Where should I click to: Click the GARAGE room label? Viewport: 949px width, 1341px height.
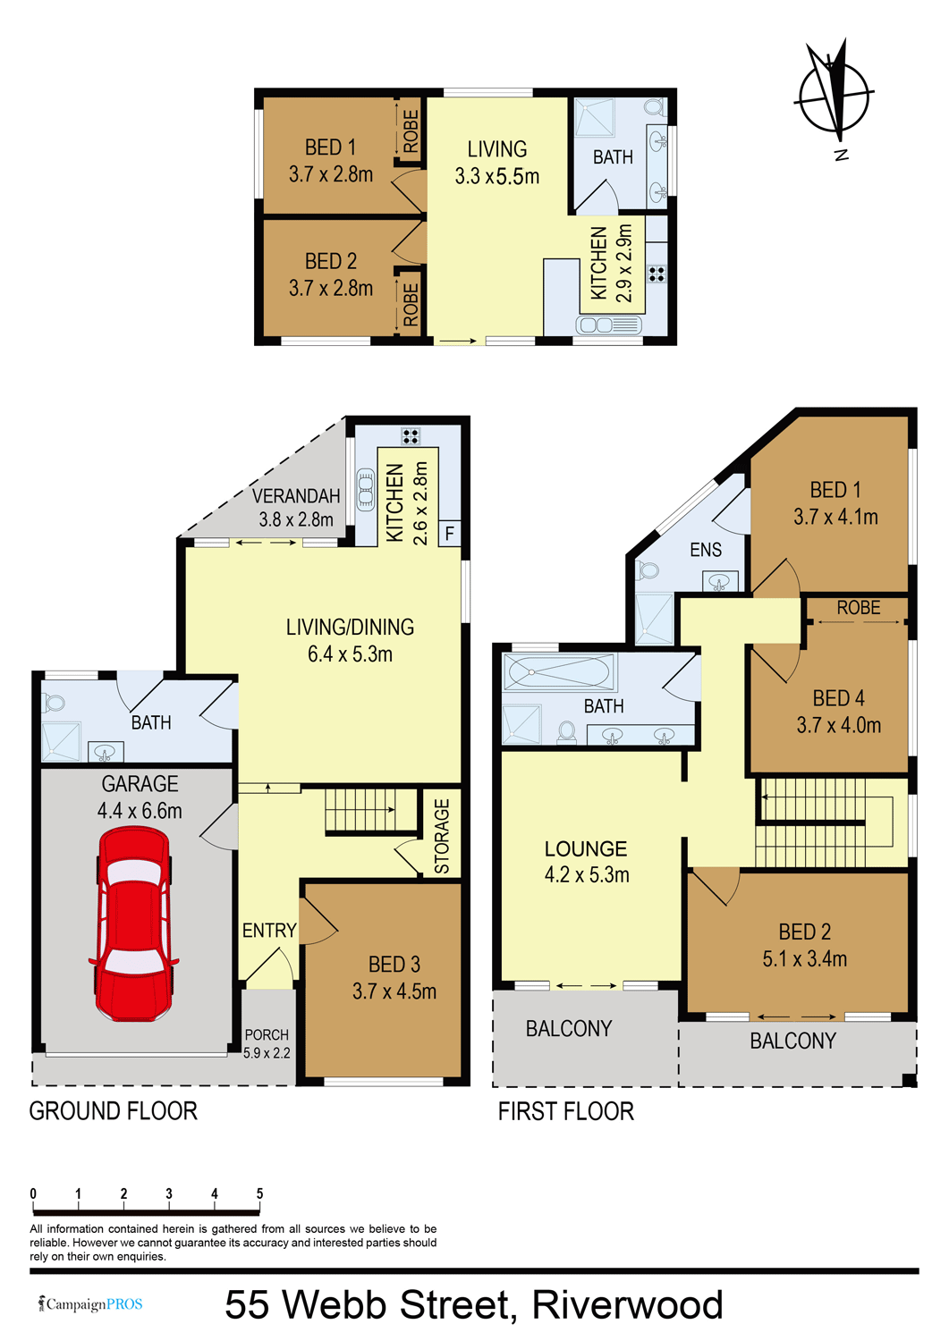pos(140,784)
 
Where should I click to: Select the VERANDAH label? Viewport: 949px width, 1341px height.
pos(296,495)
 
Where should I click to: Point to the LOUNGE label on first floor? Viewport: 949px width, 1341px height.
pos(585,848)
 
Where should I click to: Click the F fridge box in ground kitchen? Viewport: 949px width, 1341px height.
pos(449,534)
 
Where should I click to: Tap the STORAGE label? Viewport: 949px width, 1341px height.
pos(442,836)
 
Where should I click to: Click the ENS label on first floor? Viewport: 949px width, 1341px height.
pos(706,550)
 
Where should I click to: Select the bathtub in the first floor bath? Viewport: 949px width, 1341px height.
pos(559,671)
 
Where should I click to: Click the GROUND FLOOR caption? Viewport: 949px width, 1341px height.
pos(114,1111)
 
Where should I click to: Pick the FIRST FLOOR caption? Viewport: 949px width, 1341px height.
pos(566,1111)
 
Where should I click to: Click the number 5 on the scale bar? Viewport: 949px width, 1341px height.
pos(259,1193)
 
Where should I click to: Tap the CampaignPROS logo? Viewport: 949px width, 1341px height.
pos(89,1303)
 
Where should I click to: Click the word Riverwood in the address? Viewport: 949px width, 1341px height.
pos(628,1304)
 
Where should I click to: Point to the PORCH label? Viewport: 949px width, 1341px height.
pos(267,1034)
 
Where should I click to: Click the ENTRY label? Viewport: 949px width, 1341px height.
pos(269,930)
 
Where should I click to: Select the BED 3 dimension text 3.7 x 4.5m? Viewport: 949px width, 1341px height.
pos(394,991)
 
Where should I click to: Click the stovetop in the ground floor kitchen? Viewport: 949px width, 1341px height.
pos(411,435)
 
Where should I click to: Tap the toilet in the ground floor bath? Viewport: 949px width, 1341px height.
pos(53,702)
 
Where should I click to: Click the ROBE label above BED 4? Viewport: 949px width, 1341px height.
pos(859,608)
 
